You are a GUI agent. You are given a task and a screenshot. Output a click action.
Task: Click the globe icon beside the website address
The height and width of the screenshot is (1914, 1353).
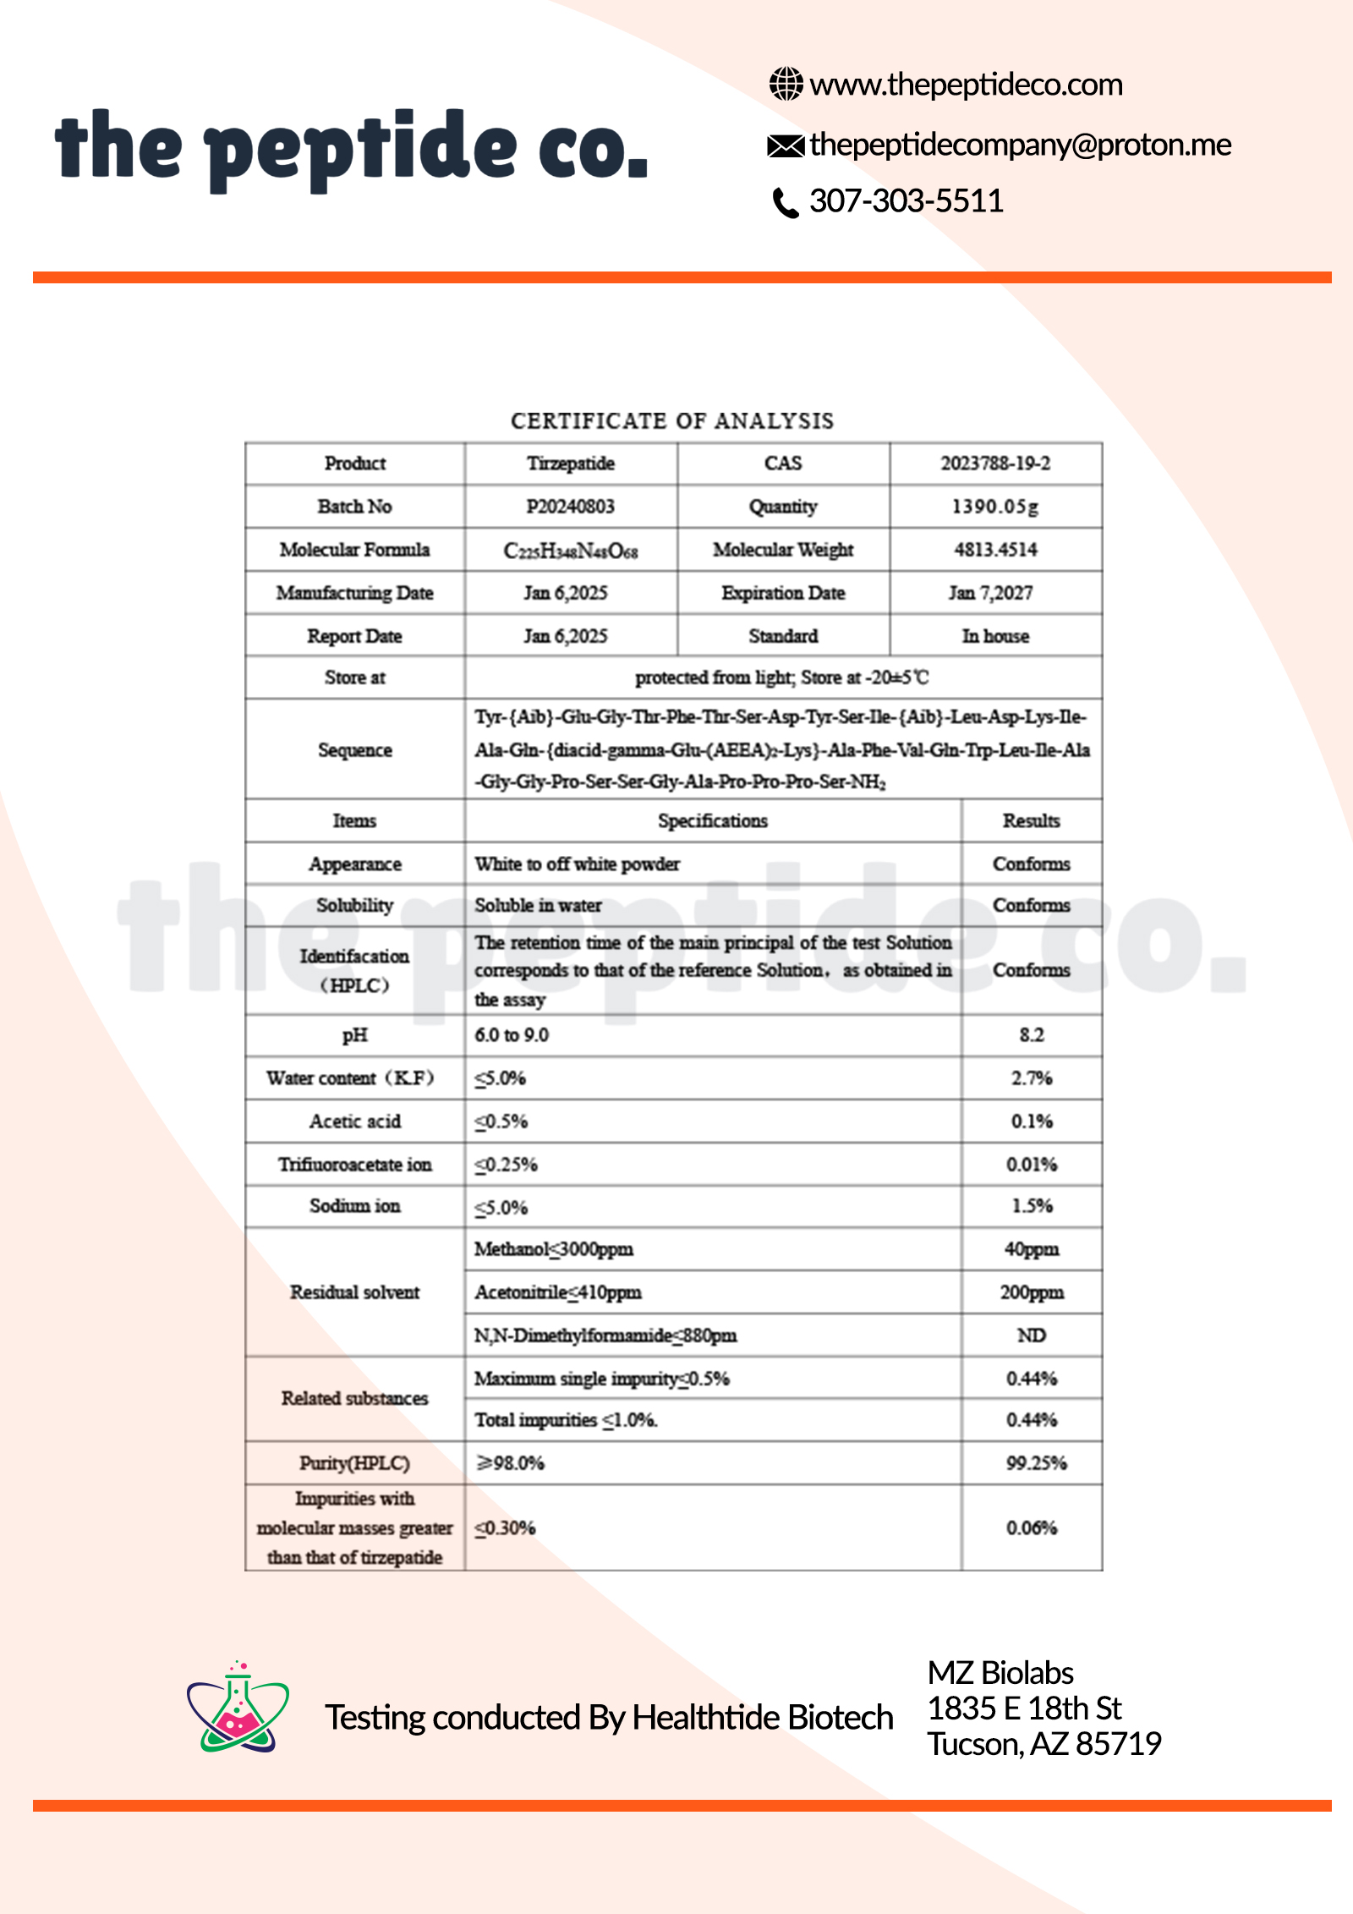click(786, 84)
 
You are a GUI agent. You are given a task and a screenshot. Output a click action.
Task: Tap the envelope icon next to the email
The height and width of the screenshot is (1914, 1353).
click(786, 146)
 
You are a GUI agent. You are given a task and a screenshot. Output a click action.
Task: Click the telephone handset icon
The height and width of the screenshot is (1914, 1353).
click(786, 203)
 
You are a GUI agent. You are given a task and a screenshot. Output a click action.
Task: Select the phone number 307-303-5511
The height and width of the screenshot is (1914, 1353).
click(906, 201)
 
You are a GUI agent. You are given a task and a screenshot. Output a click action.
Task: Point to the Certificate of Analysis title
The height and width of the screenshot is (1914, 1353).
click(672, 420)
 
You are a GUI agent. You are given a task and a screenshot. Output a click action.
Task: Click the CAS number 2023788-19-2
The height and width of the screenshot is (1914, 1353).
click(995, 463)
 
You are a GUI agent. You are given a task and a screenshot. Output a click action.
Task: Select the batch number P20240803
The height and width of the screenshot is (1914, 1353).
click(570, 507)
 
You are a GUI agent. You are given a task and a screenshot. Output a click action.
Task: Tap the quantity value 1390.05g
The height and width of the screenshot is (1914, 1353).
click(995, 507)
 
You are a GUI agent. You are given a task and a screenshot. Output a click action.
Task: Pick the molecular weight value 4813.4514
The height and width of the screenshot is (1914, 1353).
click(995, 550)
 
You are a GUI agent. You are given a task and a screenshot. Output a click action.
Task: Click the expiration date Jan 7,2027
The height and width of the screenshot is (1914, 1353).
click(990, 593)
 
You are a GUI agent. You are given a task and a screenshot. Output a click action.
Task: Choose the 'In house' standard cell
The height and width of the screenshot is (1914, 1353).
click(995, 636)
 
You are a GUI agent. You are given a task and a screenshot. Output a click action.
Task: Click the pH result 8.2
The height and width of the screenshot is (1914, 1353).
click(1032, 1035)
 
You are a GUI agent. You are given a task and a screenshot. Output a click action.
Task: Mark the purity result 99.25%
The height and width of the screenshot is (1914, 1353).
click(1036, 1463)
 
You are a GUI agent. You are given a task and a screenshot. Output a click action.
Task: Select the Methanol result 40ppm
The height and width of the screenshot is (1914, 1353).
click(1032, 1249)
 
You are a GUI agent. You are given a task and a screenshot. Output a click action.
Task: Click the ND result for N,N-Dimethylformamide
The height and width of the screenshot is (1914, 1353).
click(1032, 1335)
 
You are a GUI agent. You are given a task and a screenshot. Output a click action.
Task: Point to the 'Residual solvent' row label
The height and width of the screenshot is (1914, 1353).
click(354, 1292)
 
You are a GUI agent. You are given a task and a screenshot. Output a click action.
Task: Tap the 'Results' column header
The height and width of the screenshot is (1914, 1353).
click(1031, 820)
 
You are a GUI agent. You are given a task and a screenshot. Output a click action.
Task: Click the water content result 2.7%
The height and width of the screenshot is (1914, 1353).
click(1032, 1078)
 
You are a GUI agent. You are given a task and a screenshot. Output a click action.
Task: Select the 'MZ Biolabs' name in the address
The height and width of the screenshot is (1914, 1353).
click(1000, 1673)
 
